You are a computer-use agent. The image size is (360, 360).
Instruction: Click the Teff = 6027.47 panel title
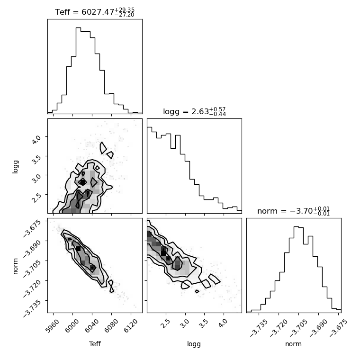[x=95, y=12]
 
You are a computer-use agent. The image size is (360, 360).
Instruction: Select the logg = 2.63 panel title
[x=195, y=112]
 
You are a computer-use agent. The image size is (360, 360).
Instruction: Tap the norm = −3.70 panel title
[x=293, y=211]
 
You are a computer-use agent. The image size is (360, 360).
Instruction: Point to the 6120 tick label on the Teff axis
[x=130, y=326]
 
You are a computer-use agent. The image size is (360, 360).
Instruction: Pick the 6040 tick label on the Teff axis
[x=91, y=326]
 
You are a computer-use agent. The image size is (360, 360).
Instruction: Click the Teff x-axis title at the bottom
[x=95, y=344]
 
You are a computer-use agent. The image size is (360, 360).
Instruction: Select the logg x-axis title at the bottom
[x=194, y=344]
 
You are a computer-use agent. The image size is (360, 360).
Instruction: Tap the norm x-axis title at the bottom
[x=293, y=344]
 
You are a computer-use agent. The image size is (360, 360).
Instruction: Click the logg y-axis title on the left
[x=15, y=167]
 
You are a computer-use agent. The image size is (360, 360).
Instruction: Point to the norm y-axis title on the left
[x=15, y=266]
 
